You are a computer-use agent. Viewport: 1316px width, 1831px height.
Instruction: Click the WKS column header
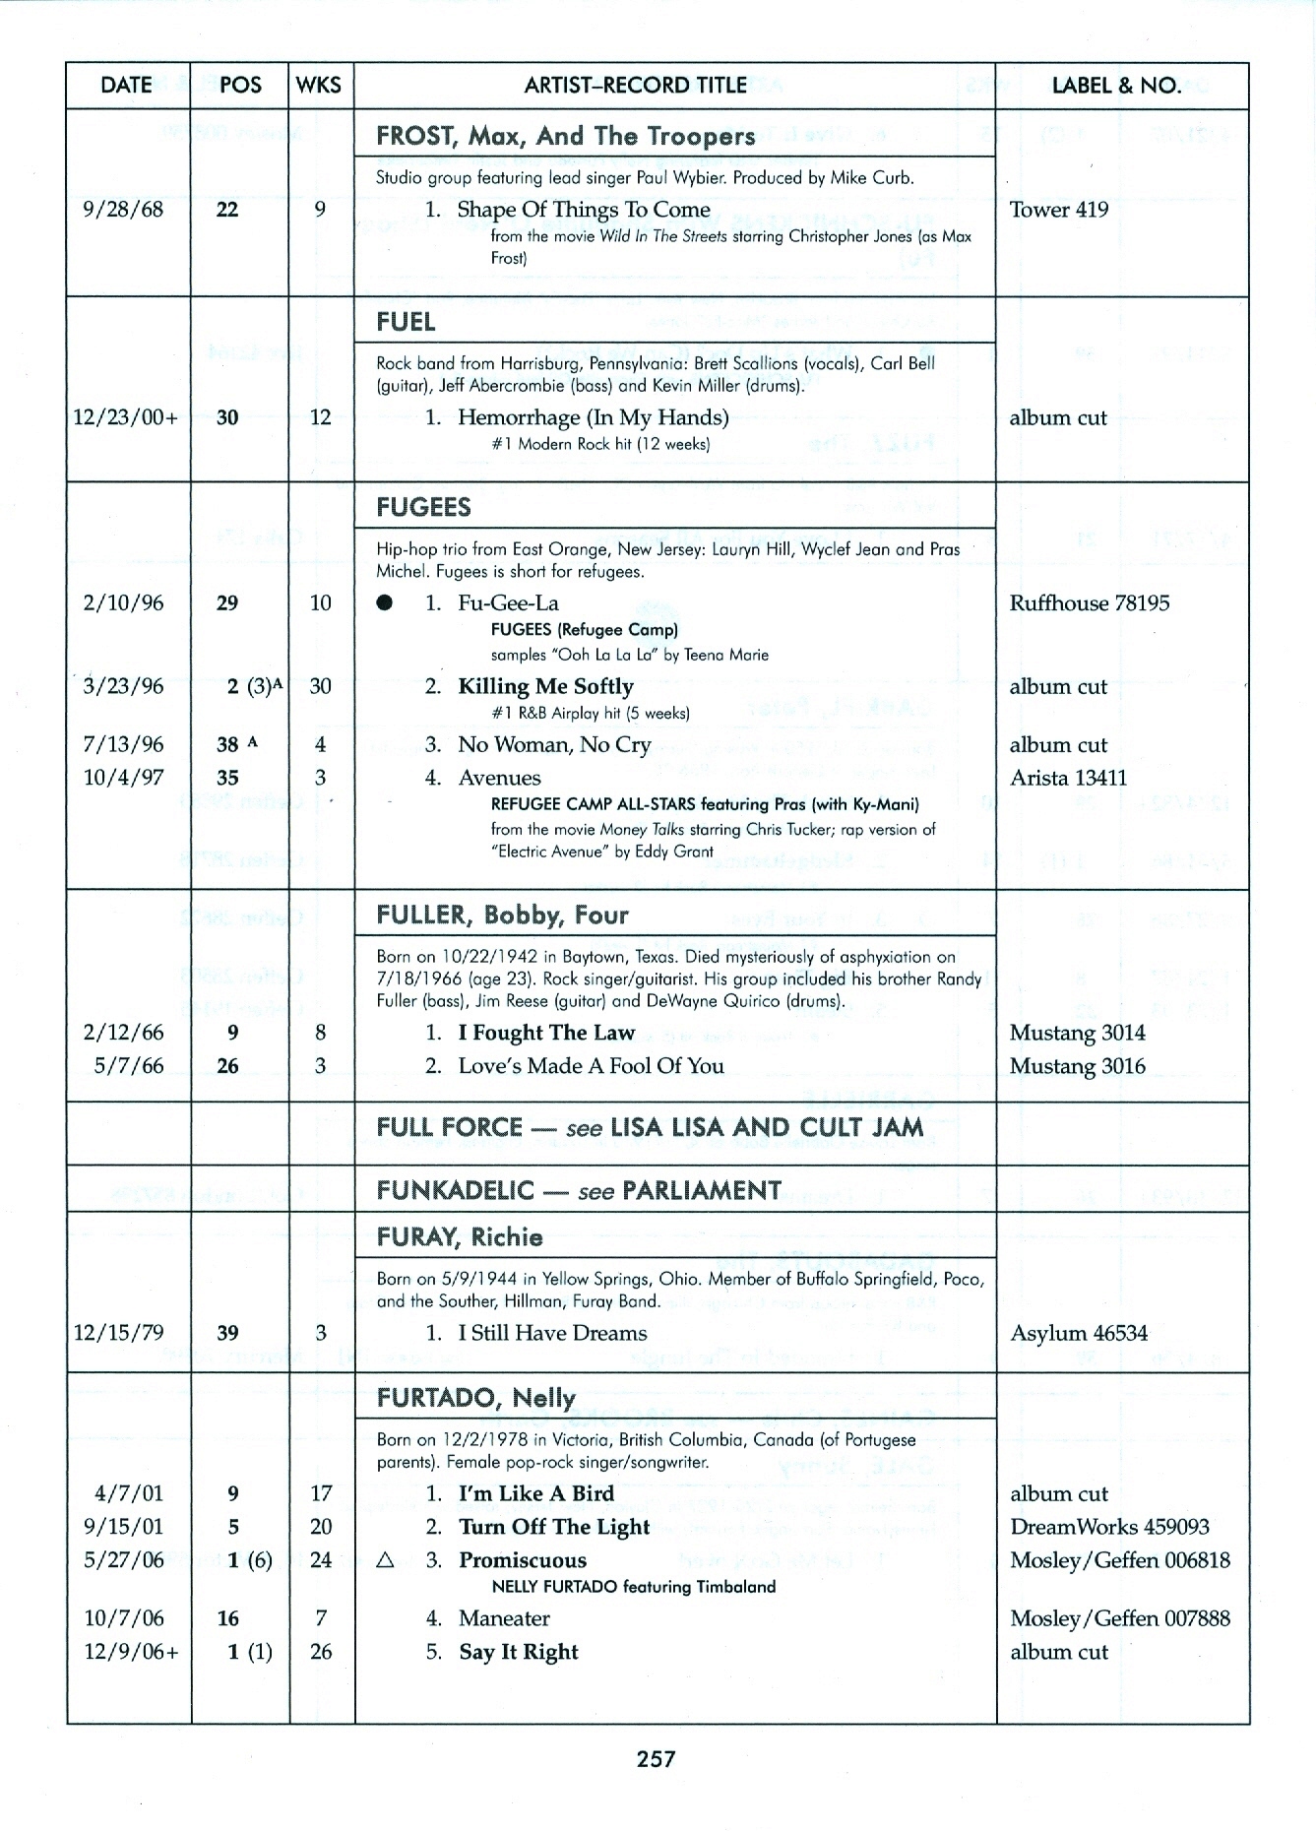coord(318,86)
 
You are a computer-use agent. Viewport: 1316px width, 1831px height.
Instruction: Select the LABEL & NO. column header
coord(1116,86)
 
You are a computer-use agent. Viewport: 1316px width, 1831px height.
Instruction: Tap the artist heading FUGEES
coord(423,508)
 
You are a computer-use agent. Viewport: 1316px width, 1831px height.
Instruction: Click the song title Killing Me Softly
coord(545,686)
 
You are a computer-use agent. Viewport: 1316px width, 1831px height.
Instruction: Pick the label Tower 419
coord(1058,210)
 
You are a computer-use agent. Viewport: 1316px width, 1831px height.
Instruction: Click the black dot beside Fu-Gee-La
coord(386,603)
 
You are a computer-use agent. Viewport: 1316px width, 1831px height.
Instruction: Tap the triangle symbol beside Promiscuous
coord(386,1560)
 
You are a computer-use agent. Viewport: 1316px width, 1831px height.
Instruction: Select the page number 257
coord(656,1758)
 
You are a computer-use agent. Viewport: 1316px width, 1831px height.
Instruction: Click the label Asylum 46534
coord(1078,1334)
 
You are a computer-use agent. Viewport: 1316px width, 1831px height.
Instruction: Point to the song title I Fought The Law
coord(546,1033)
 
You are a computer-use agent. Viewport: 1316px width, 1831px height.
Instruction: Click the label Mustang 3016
coord(1077,1066)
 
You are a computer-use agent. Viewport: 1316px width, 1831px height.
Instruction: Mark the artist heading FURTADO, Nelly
coord(475,1398)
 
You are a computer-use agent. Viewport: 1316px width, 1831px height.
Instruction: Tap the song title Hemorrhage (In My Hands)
coord(594,417)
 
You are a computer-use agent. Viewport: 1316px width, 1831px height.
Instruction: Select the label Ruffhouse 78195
coord(1089,603)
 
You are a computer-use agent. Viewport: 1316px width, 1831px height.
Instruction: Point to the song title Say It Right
coord(519,1652)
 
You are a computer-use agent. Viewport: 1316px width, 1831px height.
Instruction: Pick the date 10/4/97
coord(123,778)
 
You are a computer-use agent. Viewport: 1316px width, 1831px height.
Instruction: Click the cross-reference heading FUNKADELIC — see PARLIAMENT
coord(579,1191)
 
